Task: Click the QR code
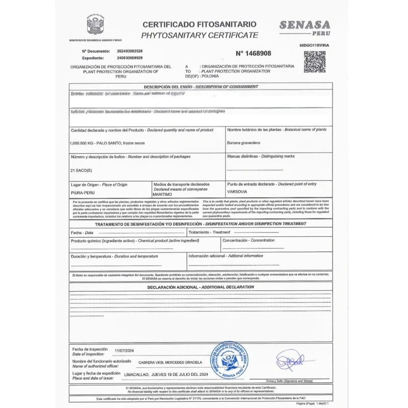[314, 62]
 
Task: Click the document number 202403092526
[130, 51]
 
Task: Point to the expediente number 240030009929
[130, 58]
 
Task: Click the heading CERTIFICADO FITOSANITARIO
[199, 24]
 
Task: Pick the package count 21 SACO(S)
[81, 170]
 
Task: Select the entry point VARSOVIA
[238, 192]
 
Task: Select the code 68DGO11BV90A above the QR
[314, 45]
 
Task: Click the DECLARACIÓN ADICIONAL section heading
[200, 287]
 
